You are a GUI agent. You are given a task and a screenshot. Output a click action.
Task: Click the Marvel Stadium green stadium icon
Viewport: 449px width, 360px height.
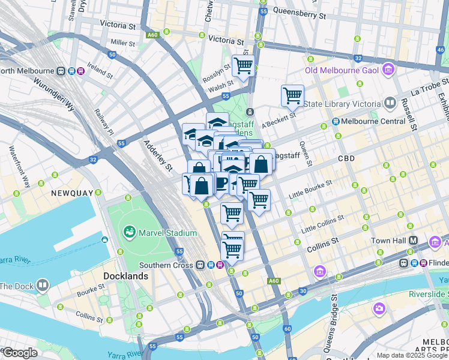tap(128, 232)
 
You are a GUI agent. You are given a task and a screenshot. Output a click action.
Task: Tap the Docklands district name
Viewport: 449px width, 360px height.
tap(125, 276)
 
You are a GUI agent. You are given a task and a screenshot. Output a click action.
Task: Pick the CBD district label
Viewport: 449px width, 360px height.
tap(346, 159)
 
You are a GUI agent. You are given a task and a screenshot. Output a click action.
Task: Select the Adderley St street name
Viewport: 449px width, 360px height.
tap(158, 154)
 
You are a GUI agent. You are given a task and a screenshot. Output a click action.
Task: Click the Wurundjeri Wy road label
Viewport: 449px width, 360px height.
tap(53, 97)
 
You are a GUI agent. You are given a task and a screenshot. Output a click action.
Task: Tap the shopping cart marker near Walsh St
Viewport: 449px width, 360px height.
tap(243, 66)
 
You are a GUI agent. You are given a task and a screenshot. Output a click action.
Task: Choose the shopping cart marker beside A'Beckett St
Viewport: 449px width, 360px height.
tap(292, 95)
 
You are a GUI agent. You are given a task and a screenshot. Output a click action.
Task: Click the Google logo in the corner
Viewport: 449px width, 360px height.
tap(20, 353)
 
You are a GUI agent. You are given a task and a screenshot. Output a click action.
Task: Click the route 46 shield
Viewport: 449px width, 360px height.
tap(441, 50)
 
